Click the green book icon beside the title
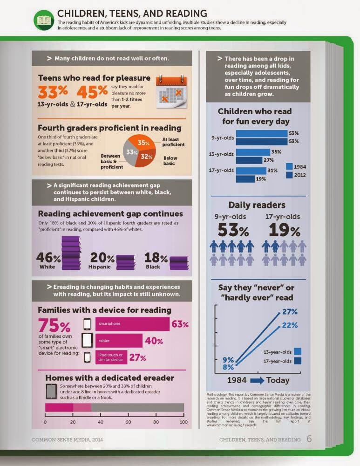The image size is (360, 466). pyautogui.click(x=44, y=20)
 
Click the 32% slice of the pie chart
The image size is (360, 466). pyautogui.click(x=145, y=158)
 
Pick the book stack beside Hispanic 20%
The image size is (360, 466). pyautogui.click(x=126, y=262)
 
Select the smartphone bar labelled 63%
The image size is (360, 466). pyautogui.click(x=133, y=323)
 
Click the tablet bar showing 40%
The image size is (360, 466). pyautogui.click(x=119, y=341)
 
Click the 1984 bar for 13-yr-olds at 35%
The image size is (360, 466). pyautogui.click(x=253, y=152)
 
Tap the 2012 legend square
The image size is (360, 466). pyautogui.click(x=289, y=175)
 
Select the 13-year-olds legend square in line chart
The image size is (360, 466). pyautogui.click(x=298, y=351)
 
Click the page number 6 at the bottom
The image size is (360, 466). pyautogui.click(x=309, y=439)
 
